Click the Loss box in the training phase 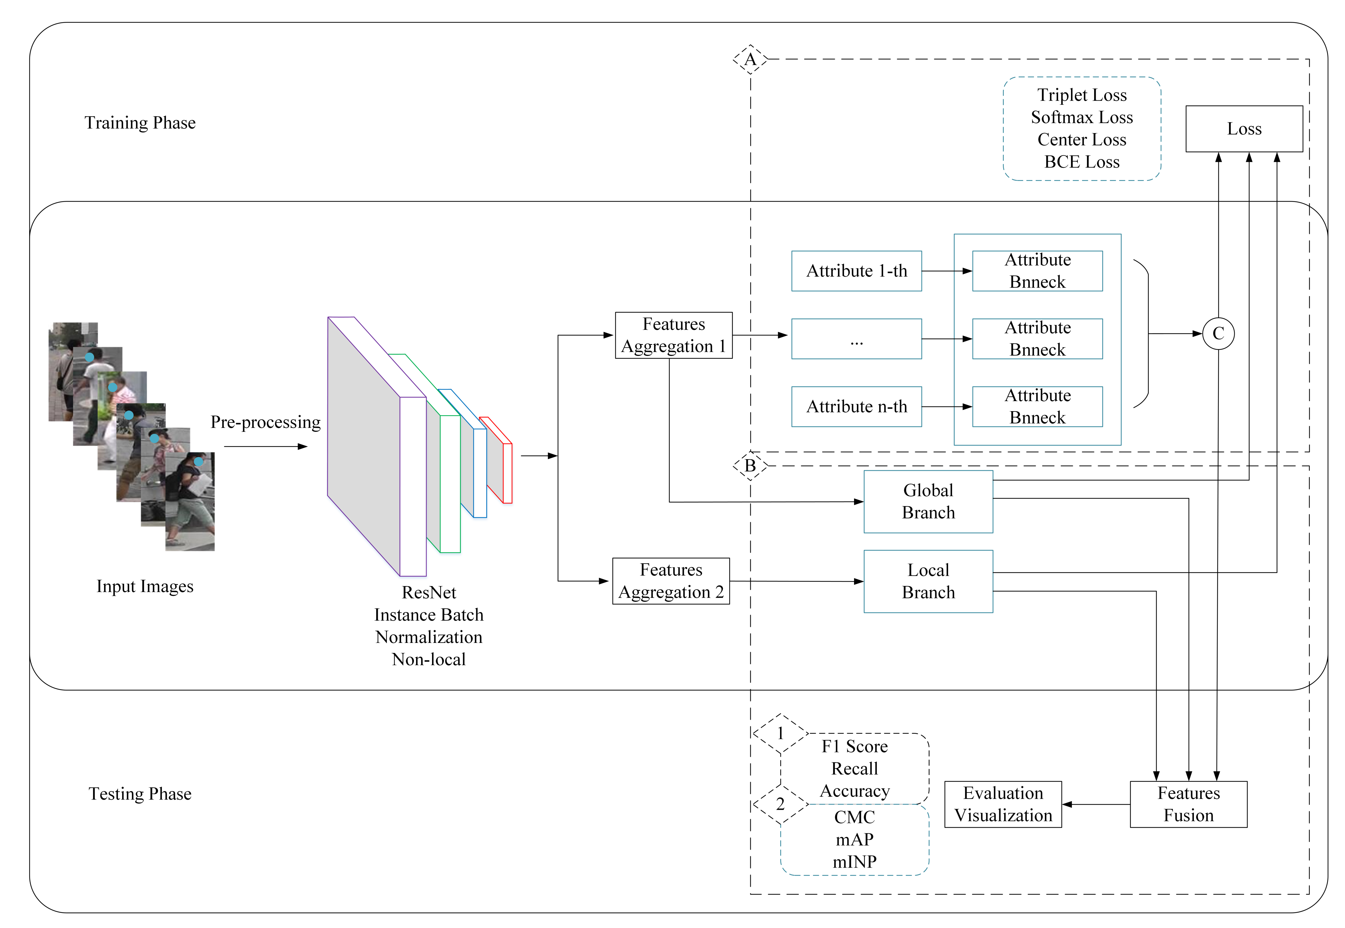pyautogui.click(x=1243, y=129)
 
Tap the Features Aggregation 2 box pyautogui.click(x=671, y=581)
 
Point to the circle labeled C pyautogui.click(x=1218, y=334)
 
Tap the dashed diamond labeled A pyautogui.click(x=750, y=59)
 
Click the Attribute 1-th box pyautogui.click(x=856, y=271)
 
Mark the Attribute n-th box pyautogui.click(x=856, y=406)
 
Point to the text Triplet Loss pyautogui.click(x=1082, y=95)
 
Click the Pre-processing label pyautogui.click(x=265, y=422)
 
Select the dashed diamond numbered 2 pyautogui.click(x=780, y=804)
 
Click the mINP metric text pyautogui.click(x=854, y=862)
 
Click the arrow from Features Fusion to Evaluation pyautogui.click(x=1096, y=805)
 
